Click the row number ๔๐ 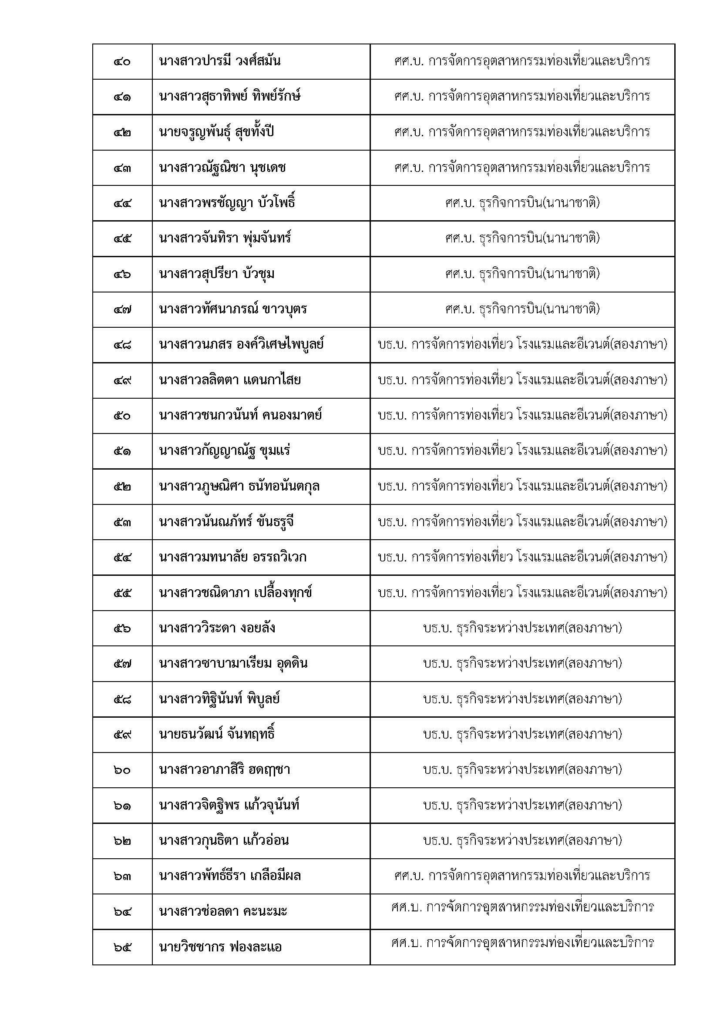pyautogui.click(x=122, y=61)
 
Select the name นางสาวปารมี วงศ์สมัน pyautogui.click(x=219, y=61)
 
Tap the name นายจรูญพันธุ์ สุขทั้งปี pyautogui.click(x=216, y=132)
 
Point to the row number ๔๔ pyautogui.click(x=122, y=203)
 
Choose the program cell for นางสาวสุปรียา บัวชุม pyautogui.click(x=522, y=274)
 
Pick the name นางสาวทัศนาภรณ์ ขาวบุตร pyautogui.click(x=233, y=309)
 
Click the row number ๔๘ pyautogui.click(x=122, y=345)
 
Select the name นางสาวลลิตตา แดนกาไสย pyautogui.click(x=230, y=380)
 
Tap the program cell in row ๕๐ pyautogui.click(x=522, y=416)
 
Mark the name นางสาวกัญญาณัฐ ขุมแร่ pyautogui.click(x=225, y=451)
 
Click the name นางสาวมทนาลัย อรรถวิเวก pyautogui.click(x=232, y=558)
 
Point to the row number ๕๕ pyautogui.click(x=122, y=593)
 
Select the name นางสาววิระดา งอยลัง pyautogui.click(x=217, y=628)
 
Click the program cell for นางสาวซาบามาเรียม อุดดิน pyautogui.click(x=522, y=664)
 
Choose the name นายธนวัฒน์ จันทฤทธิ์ pyautogui.click(x=217, y=735)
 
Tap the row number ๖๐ pyautogui.click(x=122, y=771)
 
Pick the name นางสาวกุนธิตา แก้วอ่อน pyautogui.click(x=224, y=841)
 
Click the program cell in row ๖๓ pyautogui.click(x=522, y=876)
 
